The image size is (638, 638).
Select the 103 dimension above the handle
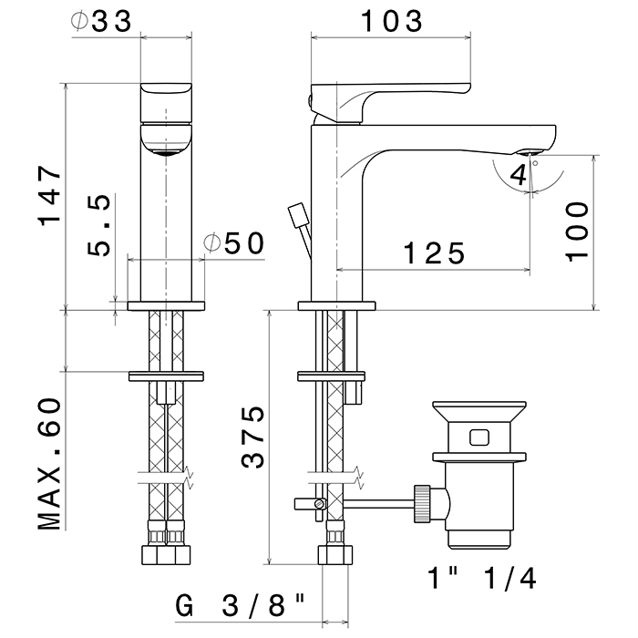coord(390,19)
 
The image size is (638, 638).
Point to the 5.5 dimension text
coord(100,225)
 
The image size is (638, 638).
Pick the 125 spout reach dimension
coord(432,252)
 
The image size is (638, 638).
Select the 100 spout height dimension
coord(575,232)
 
